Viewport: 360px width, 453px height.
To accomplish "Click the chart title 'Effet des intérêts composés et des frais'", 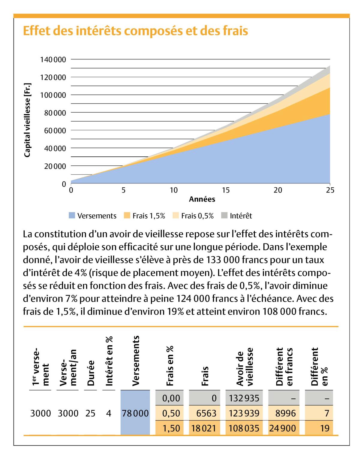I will click(135, 31).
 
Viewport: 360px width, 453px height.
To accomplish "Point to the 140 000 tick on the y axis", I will click(53, 59).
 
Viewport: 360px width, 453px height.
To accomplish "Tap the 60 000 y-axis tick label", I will click(55, 131).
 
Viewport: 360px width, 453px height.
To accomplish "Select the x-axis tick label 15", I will click(226, 190).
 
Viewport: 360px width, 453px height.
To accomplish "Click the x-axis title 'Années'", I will click(202, 199).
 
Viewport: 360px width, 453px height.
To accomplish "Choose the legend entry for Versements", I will click(93, 216).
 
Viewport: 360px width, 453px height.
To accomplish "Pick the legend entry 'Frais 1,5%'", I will click(145, 216).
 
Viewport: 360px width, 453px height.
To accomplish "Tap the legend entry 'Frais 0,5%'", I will click(193, 216).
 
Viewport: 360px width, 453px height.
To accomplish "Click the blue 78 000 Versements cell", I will click(135, 413).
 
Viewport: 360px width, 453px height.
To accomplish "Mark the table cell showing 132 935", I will click(244, 398).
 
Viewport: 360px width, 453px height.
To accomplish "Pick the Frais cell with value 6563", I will click(206, 413).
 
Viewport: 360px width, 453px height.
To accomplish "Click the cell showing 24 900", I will click(283, 428).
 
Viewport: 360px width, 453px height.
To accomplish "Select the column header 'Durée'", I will click(91, 373).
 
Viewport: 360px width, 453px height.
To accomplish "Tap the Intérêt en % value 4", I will click(109, 413).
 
